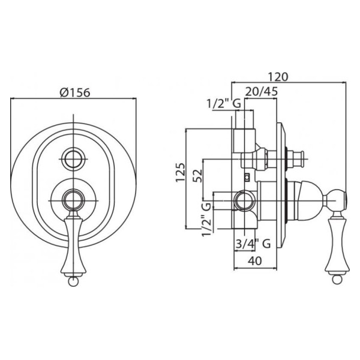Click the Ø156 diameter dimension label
75,93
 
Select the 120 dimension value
278,77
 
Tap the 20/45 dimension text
262,91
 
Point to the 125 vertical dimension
180,172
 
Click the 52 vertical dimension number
198,176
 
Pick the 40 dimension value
255,261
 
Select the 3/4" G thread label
253,244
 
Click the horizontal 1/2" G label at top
224,104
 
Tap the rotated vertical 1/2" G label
206,219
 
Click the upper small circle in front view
73,159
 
